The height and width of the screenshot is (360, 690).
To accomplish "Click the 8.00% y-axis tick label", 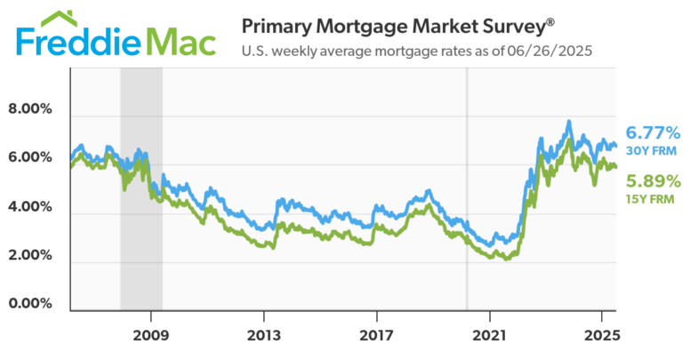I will coord(30,109).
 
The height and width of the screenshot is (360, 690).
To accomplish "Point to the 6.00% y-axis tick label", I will coord(30,158).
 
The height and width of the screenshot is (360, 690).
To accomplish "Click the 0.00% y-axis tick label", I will coord(30,304).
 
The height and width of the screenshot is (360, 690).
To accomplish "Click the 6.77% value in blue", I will coord(654,133).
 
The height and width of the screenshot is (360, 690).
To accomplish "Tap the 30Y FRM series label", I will coord(653,151).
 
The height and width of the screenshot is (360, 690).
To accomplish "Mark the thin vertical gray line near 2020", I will coord(468,196).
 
